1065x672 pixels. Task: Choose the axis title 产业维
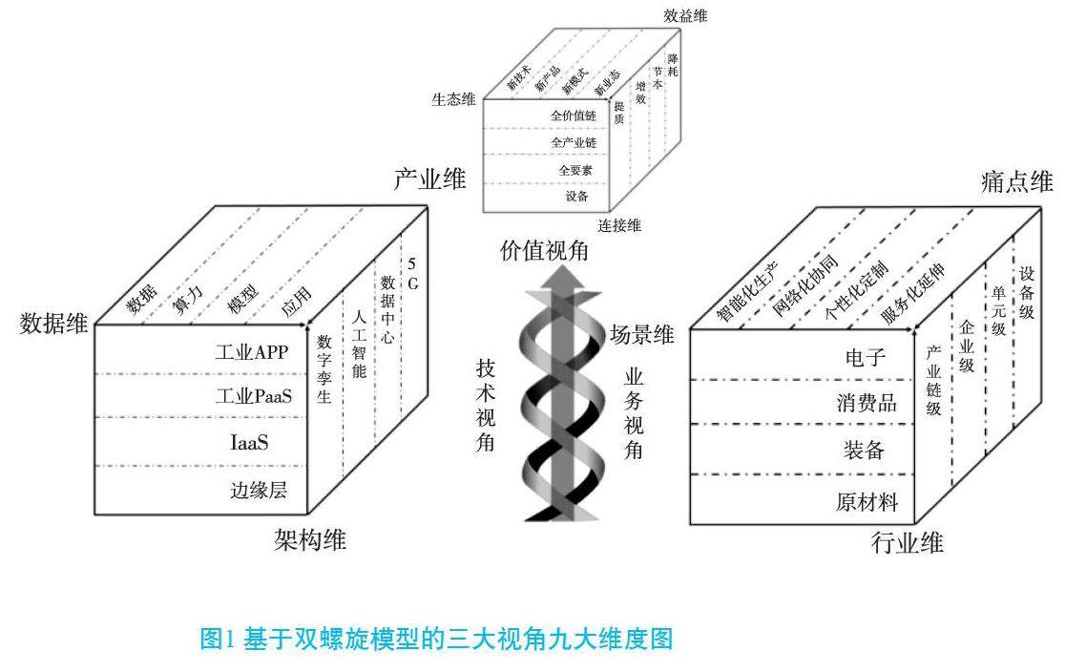[x=425, y=179]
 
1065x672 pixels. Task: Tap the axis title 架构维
[x=308, y=541]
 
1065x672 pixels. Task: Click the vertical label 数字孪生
[x=324, y=368]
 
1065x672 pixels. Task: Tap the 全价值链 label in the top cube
[x=572, y=115]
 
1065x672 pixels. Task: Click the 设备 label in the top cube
[x=576, y=197]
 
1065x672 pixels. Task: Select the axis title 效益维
[x=686, y=17]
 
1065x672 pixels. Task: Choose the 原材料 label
[x=866, y=502]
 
